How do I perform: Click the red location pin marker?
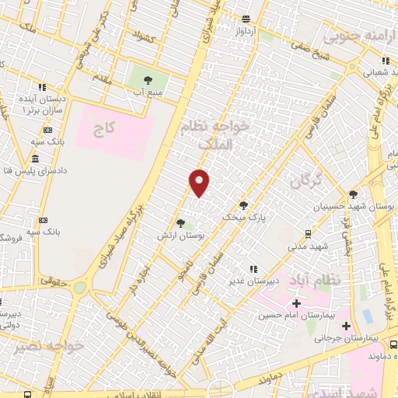pos(200,183)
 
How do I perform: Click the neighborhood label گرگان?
pos(305,181)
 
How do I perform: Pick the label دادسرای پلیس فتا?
pos(37,169)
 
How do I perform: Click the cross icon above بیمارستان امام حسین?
pos(295,302)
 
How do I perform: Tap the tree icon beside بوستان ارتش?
pos(180,223)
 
